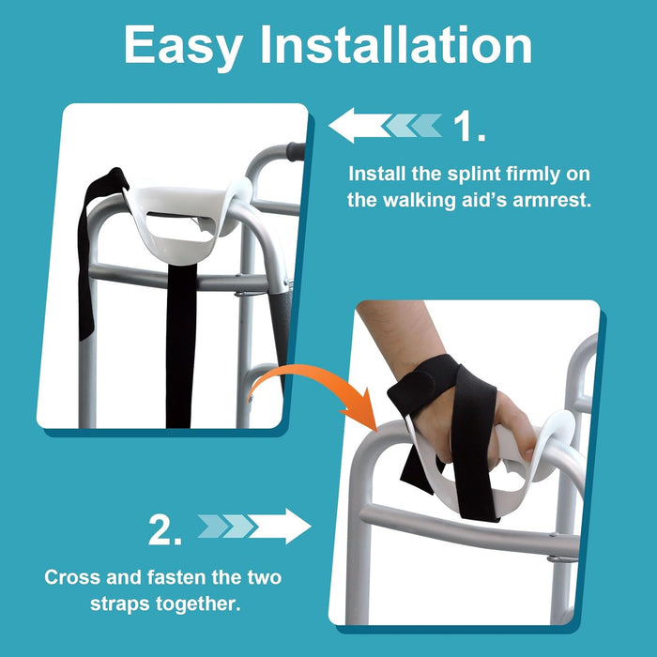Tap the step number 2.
tap(165, 530)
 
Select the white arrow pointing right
tap(283, 527)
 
